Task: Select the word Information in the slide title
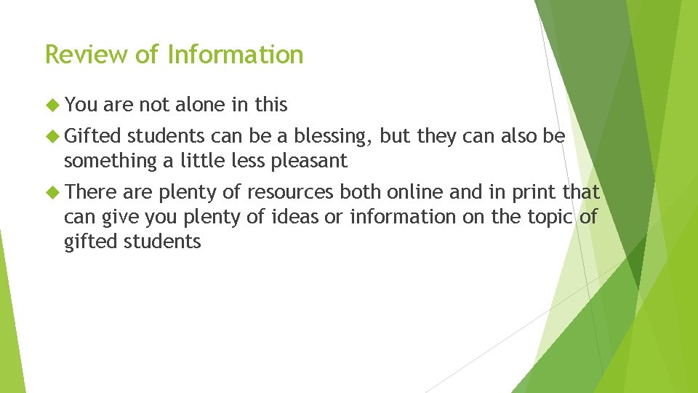point(236,55)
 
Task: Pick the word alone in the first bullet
point(201,105)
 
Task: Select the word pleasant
point(311,160)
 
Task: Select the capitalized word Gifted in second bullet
point(94,136)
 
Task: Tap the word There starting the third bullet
point(91,192)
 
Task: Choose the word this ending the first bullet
point(270,105)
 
